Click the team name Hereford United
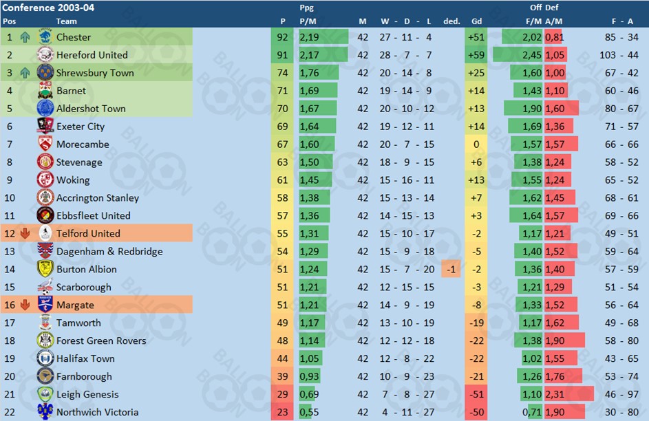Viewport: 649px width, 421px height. [92, 55]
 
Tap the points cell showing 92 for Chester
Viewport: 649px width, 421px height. [282, 37]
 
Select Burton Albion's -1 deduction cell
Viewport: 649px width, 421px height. [451, 270]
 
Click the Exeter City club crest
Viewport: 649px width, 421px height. [45, 127]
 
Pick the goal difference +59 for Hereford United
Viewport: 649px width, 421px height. [474, 55]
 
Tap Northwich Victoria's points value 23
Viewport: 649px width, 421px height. [282, 413]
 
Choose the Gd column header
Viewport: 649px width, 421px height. [476, 21]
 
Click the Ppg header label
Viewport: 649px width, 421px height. [307, 8]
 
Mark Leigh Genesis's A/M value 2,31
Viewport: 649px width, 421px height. [554, 395]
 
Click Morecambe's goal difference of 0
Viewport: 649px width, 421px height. [475, 144]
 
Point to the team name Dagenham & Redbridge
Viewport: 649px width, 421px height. [109, 252]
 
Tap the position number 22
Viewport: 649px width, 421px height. [10, 413]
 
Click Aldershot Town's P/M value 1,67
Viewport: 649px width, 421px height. [309, 109]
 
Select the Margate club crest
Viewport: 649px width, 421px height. [45, 305]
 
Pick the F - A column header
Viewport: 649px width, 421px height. [622, 21]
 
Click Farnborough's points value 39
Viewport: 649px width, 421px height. [282, 377]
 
